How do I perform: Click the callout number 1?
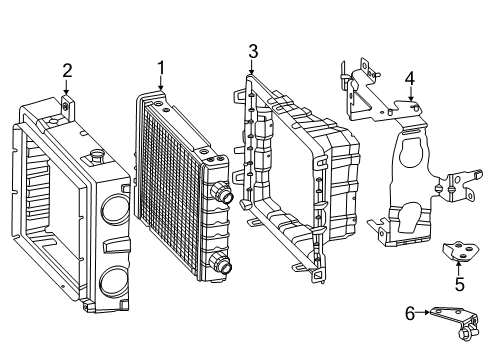coord(161,68)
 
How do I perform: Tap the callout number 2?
coord(67,71)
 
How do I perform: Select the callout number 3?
coord(253,52)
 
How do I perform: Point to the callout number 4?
coord(410,79)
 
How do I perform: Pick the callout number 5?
coord(460,284)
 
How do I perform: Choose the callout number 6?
coord(410,314)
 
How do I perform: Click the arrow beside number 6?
coord(423,312)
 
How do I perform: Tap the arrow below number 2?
coord(66,87)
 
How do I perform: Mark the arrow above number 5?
coord(458,269)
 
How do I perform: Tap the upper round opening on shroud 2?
coord(115,209)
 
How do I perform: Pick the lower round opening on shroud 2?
coord(114,282)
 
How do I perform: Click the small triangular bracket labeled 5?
coord(461,251)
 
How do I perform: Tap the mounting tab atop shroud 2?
coord(68,108)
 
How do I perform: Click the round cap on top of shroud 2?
coord(97,154)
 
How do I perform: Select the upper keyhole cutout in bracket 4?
coord(412,152)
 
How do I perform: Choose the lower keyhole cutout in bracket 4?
coord(411,218)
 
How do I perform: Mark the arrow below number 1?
coord(161,83)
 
